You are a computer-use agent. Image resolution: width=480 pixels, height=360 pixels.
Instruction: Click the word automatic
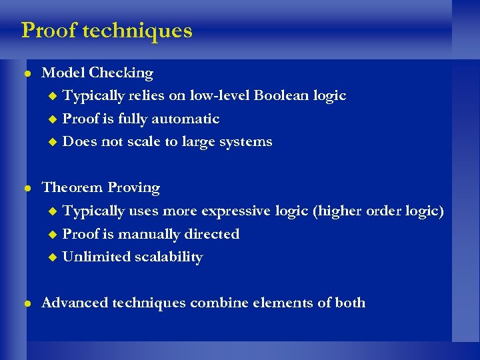[186, 119]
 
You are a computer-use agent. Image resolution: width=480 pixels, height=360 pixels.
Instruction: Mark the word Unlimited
[93, 257]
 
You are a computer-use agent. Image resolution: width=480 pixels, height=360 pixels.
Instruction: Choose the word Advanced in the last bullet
[75, 303]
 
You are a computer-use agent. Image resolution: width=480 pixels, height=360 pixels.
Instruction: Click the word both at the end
[350, 303]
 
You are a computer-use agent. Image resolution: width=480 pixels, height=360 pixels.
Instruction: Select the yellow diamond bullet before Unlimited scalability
[53, 257]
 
